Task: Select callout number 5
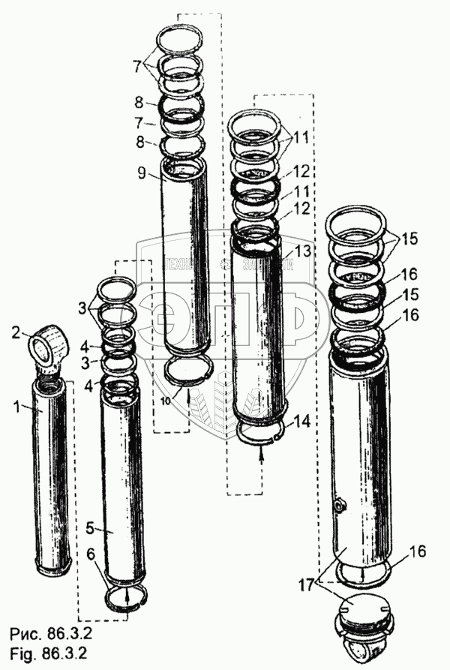[88, 528]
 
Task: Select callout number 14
[301, 423]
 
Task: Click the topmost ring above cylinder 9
[181, 35]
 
